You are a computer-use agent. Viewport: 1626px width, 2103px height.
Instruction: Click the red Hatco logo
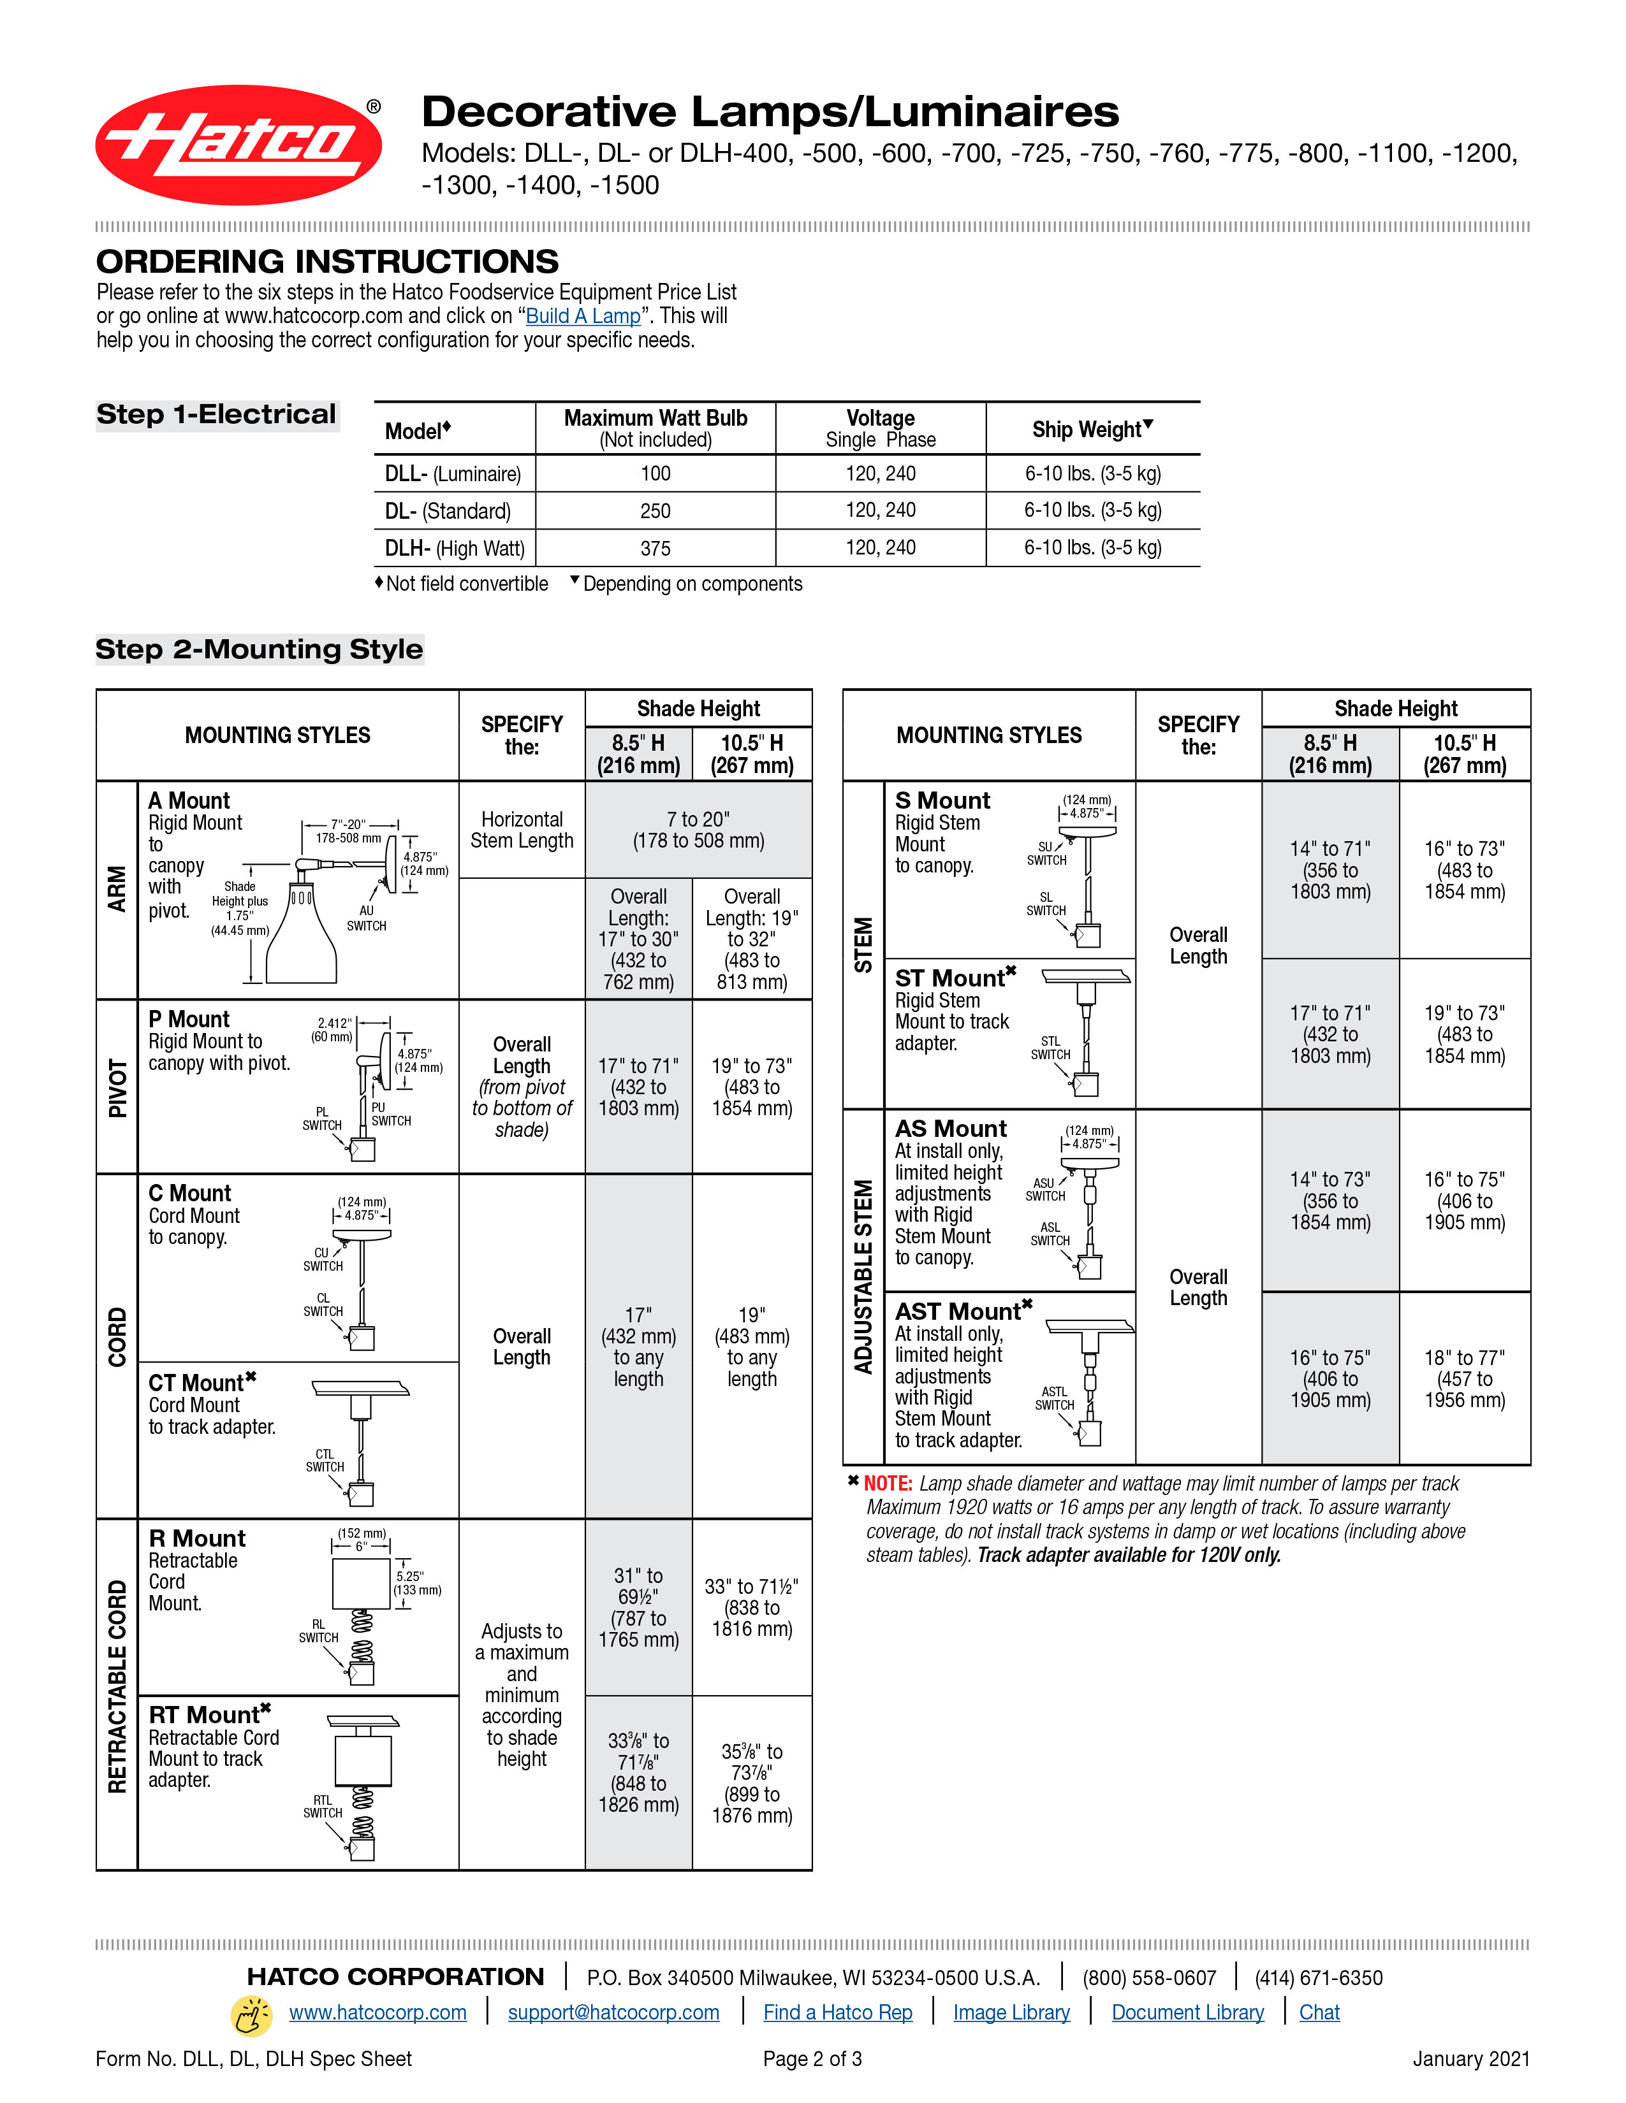[238, 145]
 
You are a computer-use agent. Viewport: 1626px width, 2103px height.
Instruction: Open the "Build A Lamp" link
[583, 316]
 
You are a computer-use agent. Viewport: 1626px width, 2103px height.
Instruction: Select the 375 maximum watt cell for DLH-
[655, 548]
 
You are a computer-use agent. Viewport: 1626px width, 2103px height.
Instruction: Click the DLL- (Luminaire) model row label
[453, 473]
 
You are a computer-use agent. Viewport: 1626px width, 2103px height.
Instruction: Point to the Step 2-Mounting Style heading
[259, 649]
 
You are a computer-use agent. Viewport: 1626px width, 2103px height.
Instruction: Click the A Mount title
[189, 800]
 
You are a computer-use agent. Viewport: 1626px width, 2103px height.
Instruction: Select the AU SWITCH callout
[366, 918]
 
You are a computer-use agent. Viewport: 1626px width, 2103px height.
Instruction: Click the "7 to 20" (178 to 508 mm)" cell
[698, 829]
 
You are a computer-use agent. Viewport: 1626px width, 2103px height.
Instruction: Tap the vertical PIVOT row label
[117, 1087]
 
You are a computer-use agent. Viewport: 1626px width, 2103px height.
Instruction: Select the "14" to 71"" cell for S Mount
[1329, 869]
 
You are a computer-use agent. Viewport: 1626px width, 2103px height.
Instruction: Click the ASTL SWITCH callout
[1054, 1398]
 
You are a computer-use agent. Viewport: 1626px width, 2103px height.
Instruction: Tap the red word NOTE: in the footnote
[887, 1483]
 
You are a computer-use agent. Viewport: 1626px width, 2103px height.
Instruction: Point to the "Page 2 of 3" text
[812, 2058]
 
